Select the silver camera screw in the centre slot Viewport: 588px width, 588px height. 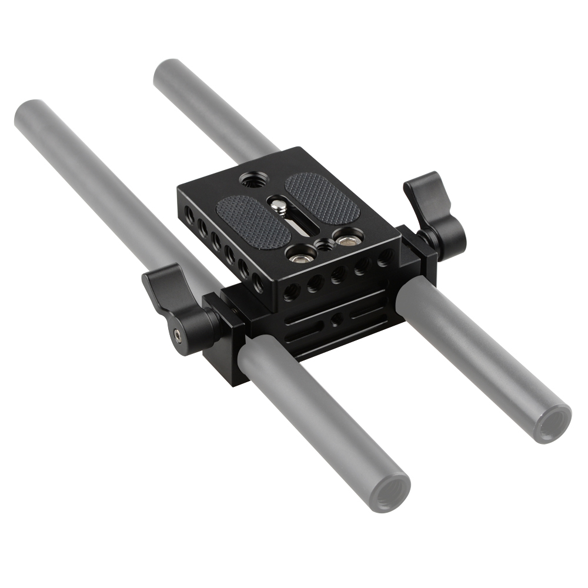tap(278, 205)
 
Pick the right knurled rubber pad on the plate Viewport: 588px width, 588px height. tap(322, 197)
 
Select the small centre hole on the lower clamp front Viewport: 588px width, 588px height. tap(336, 321)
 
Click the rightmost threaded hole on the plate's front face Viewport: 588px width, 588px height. tap(385, 256)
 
